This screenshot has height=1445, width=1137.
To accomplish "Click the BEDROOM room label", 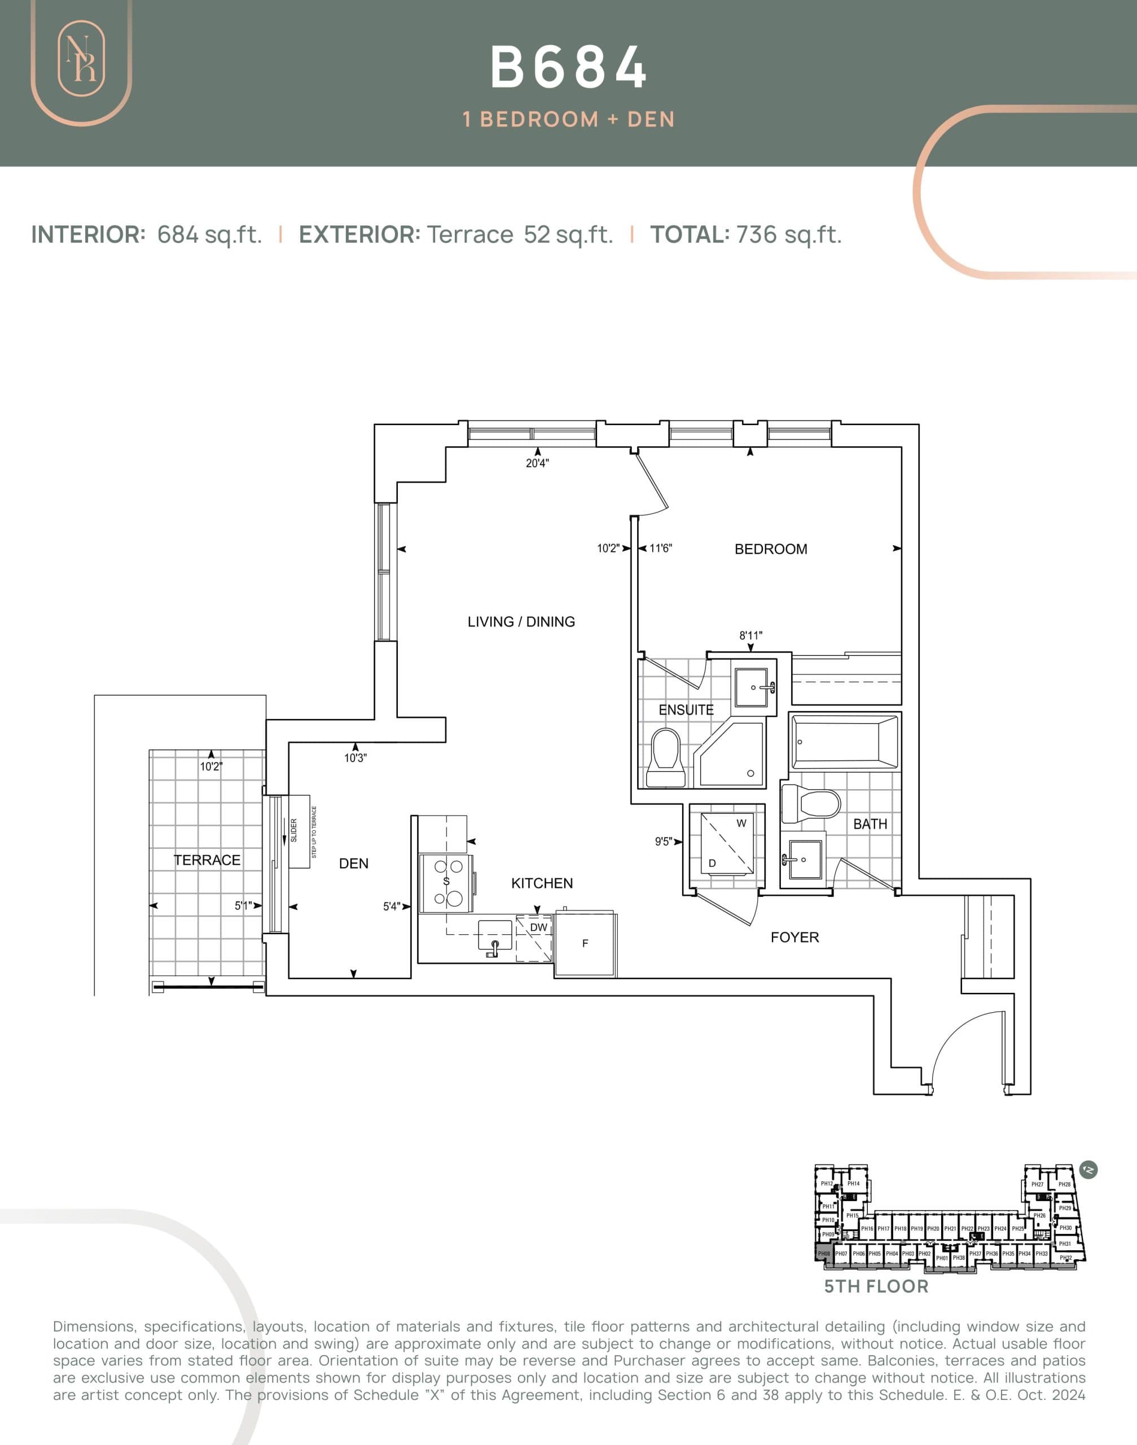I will point(770,549).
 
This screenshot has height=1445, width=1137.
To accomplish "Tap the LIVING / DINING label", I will point(521,621).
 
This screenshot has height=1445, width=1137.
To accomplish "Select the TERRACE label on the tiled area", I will point(207,860).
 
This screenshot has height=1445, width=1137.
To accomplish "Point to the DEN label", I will point(353,863).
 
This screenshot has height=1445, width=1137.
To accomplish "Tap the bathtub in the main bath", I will point(844,741).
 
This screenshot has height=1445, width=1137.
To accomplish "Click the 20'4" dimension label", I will point(537,463).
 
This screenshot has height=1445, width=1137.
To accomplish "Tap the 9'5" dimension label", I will point(663,842).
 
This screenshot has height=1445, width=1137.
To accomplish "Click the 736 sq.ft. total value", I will point(788,234).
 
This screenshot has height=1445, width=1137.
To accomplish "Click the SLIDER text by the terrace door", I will point(293,830).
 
